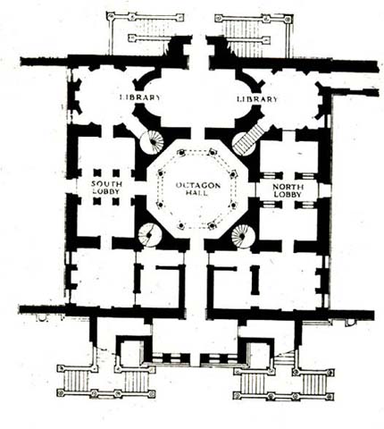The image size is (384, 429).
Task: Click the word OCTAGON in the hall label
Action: tap(198, 186)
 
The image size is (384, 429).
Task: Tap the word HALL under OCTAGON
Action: tap(196, 193)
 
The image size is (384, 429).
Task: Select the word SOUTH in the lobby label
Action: tap(106, 184)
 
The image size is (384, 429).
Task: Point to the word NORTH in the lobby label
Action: tap(288, 187)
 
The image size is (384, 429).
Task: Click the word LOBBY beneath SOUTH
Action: tap(107, 191)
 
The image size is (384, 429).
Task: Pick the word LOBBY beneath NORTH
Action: tap(288, 195)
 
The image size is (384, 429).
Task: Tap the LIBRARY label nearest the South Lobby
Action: tap(140, 97)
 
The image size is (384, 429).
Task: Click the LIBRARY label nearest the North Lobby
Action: tap(257, 99)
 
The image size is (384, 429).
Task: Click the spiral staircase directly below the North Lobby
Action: tap(244, 236)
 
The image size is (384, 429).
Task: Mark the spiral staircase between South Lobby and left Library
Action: tap(152, 142)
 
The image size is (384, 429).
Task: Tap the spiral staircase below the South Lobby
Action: tap(150, 235)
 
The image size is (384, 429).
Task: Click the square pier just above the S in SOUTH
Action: tap(97, 173)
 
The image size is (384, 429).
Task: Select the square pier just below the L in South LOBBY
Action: tap(97, 201)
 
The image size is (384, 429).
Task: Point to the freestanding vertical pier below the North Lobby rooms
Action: tap(255, 280)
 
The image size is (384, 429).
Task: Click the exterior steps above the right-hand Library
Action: tap(243, 38)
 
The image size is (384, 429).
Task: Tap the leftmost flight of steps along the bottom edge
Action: tap(77, 380)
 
